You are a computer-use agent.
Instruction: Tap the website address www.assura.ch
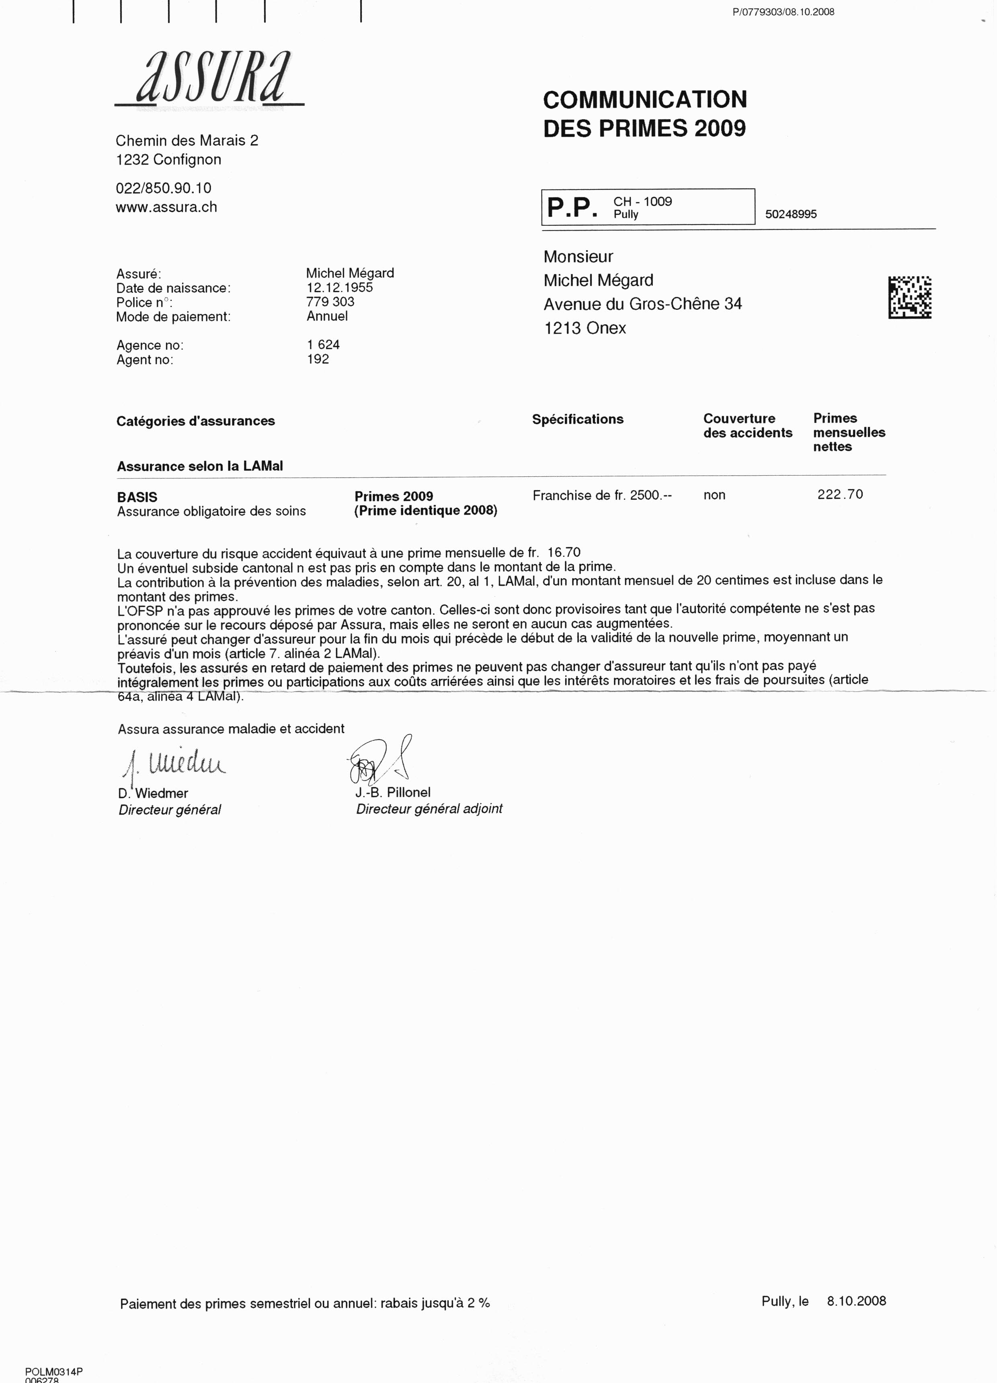[x=166, y=207]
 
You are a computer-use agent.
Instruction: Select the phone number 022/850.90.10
[x=163, y=188]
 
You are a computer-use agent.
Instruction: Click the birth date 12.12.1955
[x=339, y=288]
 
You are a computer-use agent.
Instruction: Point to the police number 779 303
[x=330, y=302]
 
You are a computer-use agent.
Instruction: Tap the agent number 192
[x=318, y=359]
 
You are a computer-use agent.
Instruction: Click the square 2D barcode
[x=909, y=298]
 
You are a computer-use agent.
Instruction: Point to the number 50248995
[x=791, y=214]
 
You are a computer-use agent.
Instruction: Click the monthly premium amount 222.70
[x=840, y=495]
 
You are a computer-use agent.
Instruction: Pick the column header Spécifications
[x=578, y=420]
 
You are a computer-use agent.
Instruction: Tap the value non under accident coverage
[x=714, y=495]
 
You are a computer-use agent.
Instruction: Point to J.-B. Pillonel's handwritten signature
[x=380, y=761]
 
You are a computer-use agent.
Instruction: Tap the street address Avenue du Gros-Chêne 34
[x=643, y=304]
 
